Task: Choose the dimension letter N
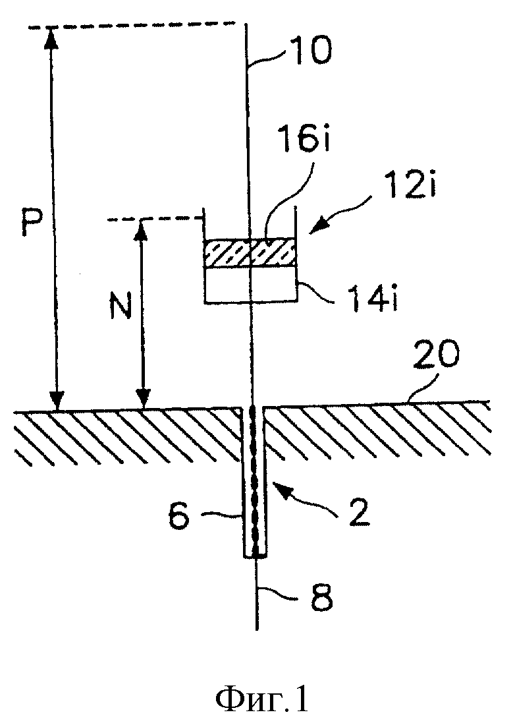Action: click(x=121, y=304)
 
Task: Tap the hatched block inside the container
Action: click(x=250, y=253)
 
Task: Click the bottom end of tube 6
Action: click(x=256, y=556)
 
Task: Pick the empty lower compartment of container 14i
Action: click(x=250, y=285)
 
